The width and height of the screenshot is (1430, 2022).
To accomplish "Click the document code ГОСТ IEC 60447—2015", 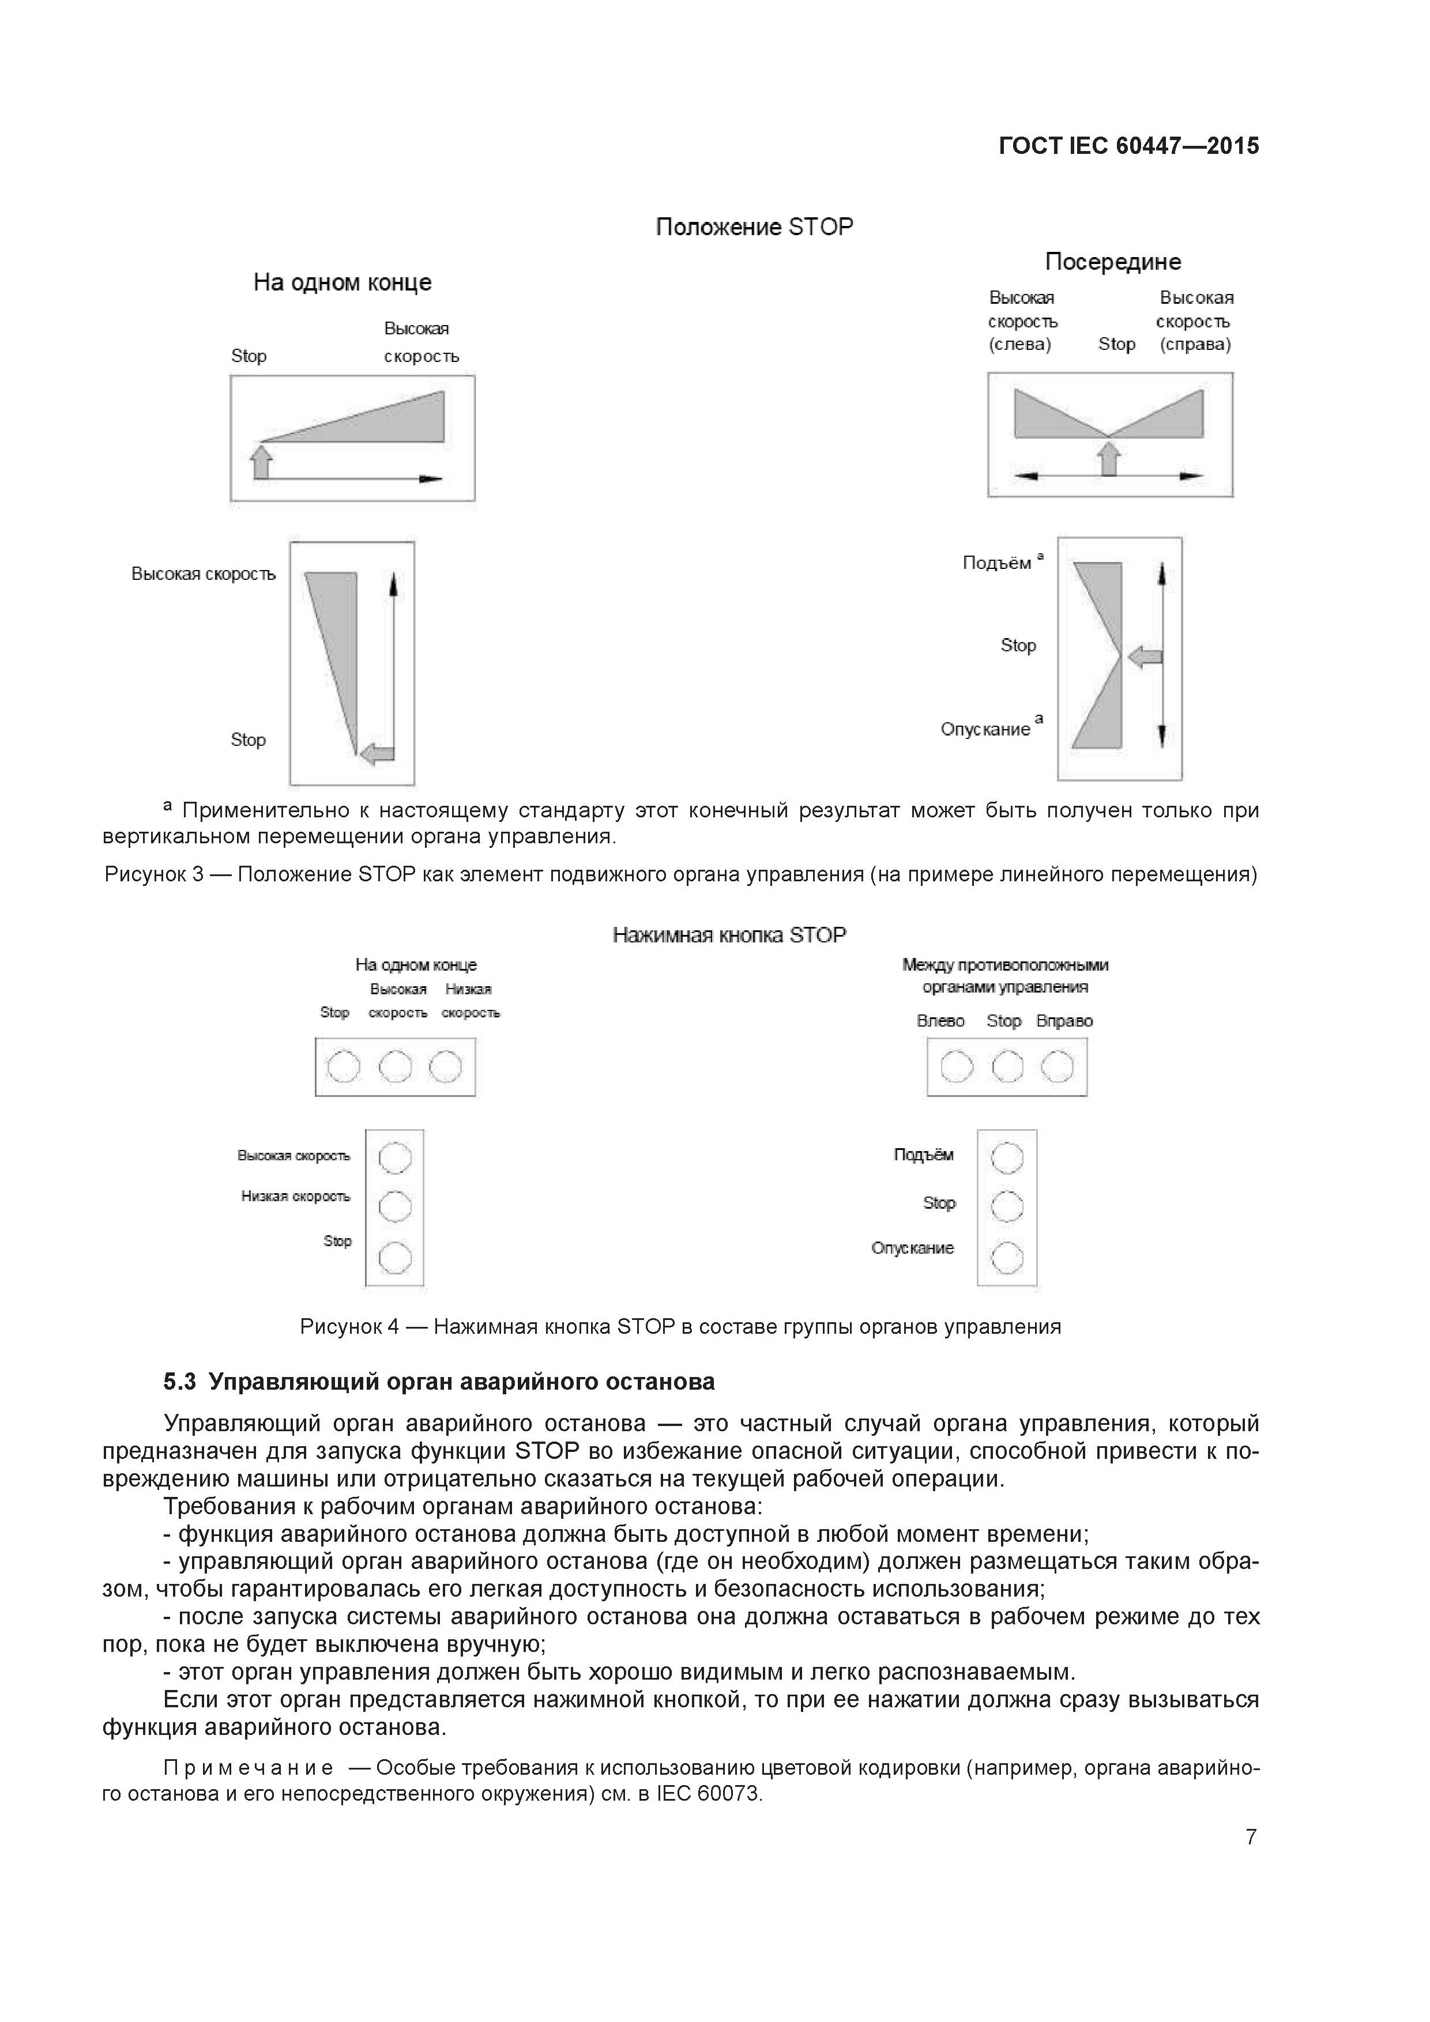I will [x=1128, y=146].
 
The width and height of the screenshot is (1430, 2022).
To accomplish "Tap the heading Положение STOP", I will [x=754, y=227].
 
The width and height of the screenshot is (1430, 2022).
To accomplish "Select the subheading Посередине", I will [x=1112, y=262].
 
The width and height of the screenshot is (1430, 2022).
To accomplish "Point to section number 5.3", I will [x=180, y=1382].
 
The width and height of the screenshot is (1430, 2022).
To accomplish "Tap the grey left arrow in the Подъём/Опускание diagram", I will [x=1145, y=656].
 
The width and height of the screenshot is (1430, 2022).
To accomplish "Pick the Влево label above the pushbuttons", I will [x=940, y=1021].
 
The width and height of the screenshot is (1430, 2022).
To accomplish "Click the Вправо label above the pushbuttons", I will [x=1064, y=1021].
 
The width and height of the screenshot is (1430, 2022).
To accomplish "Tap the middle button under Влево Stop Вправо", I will [x=1007, y=1067].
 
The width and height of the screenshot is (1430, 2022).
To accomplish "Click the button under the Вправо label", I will [x=1058, y=1067].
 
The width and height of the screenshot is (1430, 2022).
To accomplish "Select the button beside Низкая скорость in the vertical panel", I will [x=395, y=1206].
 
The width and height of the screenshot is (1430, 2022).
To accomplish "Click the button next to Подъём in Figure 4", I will [x=1007, y=1158].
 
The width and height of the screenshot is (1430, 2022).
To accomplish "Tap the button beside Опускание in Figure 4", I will [x=1007, y=1258].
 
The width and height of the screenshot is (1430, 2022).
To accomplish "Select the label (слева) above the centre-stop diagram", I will [x=1020, y=344].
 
